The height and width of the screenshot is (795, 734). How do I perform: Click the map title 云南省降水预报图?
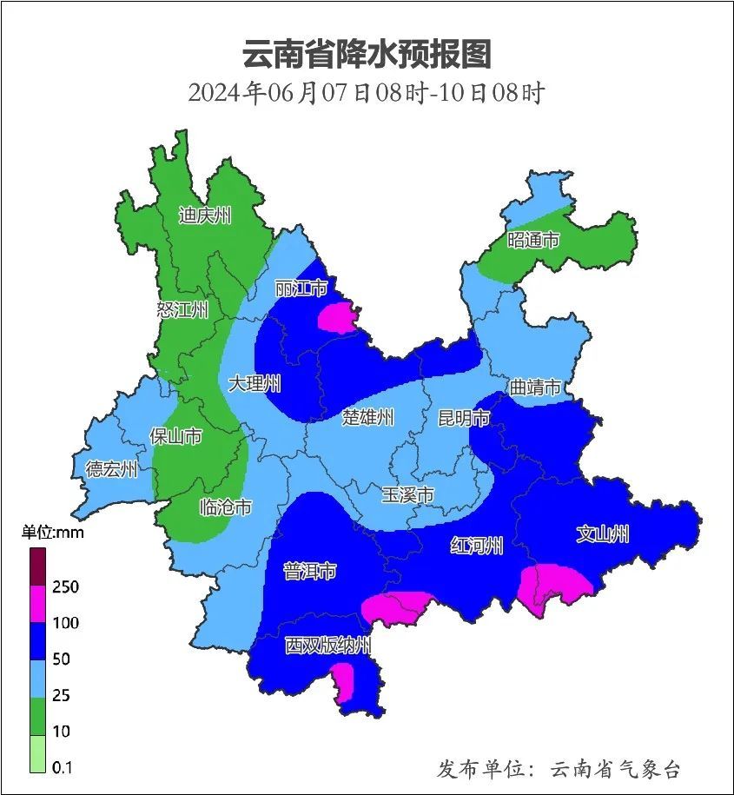367,54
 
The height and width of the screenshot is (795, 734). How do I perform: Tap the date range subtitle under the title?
367,92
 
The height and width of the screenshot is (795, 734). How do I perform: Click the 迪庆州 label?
205,215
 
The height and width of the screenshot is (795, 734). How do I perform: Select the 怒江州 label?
182,310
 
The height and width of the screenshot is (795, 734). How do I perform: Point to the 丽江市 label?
301,288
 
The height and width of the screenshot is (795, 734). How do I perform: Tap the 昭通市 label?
533,240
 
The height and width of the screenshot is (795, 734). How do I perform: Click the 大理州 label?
255,383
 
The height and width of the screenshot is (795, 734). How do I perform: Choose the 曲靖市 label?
535,388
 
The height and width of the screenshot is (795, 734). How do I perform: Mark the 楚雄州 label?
367,418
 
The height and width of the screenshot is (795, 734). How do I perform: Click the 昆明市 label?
464,418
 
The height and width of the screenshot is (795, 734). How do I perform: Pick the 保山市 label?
176,435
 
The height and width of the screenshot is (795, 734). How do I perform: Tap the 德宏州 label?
111,470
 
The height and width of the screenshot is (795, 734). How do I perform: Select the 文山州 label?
603,534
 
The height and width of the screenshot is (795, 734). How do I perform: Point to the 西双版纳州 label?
328,646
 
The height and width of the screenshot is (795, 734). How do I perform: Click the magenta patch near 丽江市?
339,318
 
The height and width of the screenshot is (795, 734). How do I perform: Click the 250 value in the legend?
65,587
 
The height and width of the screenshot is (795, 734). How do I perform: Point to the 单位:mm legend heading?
53,533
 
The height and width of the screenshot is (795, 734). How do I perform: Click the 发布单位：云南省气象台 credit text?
559,769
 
